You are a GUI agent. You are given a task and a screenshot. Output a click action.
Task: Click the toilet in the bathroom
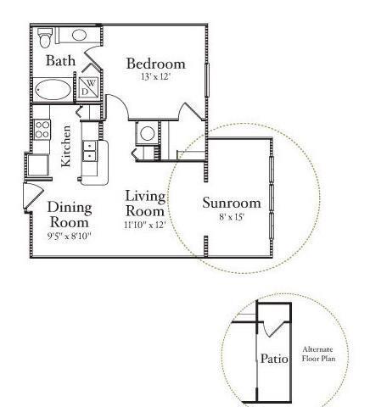pos(47,35)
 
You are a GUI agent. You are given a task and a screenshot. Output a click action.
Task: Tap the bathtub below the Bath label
pos(53,88)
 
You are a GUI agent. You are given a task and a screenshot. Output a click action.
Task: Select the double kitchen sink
pos(89,151)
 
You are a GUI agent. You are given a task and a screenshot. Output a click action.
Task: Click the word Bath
pos(59,60)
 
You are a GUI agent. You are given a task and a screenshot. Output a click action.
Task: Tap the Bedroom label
pos(155,64)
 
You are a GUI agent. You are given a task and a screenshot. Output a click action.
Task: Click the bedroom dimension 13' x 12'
pos(155,77)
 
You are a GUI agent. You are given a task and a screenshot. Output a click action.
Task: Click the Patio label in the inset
pos(274,359)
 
